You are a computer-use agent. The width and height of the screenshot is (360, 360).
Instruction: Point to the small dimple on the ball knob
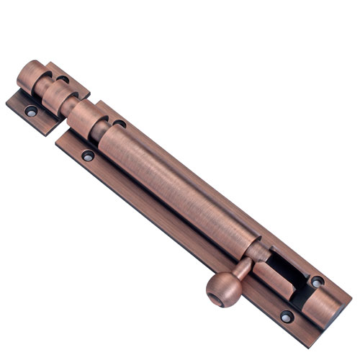tap(215, 297)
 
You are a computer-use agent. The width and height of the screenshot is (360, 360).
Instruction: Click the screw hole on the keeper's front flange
tap(31, 112)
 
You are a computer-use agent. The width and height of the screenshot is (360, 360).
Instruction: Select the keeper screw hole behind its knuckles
tap(63, 78)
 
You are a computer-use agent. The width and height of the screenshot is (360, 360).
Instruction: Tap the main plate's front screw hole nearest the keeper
tap(88, 155)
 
